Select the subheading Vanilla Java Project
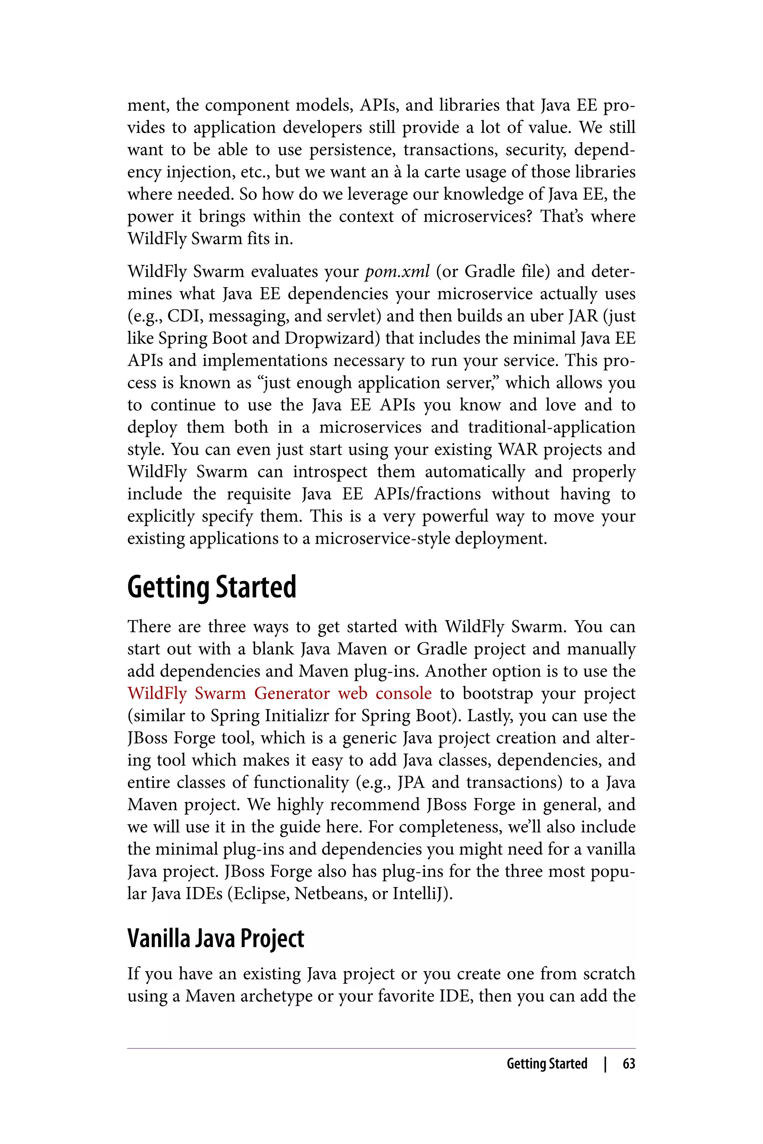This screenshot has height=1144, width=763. click(x=216, y=938)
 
